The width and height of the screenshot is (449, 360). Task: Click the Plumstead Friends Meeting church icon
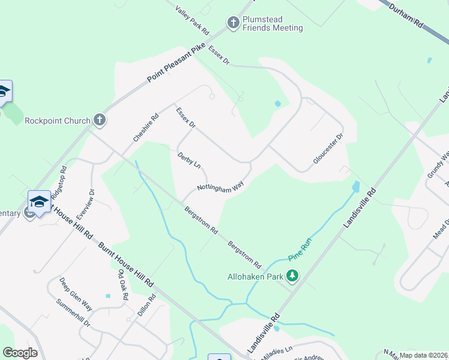tap(234, 23)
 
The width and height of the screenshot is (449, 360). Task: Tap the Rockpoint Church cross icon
tap(100, 120)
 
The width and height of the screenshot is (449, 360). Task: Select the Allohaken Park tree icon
tap(292, 276)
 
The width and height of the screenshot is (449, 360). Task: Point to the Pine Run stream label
tap(298, 247)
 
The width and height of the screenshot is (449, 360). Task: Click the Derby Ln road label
tap(188, 160)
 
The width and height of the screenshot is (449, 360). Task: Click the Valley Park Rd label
tap(192, 20)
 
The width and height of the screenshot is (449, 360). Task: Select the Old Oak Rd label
tap(123, 284)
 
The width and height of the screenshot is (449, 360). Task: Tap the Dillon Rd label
tap(146, 312)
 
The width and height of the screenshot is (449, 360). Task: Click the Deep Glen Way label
tap(75, 294)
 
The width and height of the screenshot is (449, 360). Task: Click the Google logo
tap(20, 353)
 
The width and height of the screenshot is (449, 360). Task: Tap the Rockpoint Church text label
tap(57, 121)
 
